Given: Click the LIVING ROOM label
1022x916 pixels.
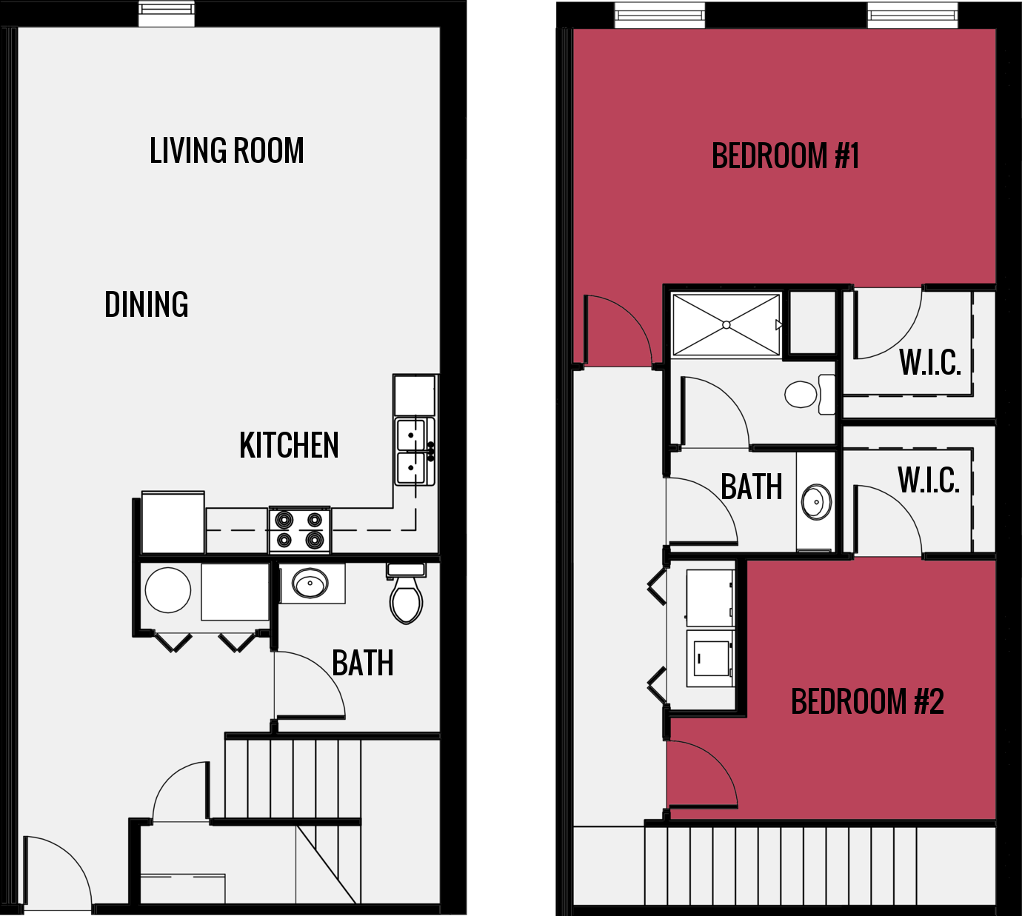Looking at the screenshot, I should [x=227, y=151].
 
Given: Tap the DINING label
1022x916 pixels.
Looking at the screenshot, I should [x=147, y=305].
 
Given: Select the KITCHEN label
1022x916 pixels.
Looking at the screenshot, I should [x=289, y=446].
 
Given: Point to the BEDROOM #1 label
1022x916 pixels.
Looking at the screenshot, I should [x=785, y=156].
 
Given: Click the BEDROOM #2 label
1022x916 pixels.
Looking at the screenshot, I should [x=867, y=702].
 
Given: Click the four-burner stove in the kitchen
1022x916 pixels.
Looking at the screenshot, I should [x=299, y=530].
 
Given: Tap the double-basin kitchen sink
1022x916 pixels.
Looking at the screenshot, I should [x=413, y=452].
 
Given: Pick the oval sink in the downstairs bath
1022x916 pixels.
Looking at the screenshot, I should [x=310, y=584].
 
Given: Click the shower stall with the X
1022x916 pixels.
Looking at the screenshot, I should [x=726, y=325].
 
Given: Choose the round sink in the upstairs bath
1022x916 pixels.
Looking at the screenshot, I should [x=816, y=503].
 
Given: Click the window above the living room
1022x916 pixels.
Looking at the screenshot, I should [x=167, y=14].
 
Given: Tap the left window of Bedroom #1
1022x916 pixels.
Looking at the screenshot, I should [x=659, y=15].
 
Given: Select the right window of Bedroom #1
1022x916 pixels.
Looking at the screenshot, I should [x=912, y=15].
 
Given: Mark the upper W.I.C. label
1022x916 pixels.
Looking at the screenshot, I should [x=929, y=362].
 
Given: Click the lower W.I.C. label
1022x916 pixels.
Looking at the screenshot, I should [x=929, y=481].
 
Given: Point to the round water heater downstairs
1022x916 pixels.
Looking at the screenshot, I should [x=168, y=590].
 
